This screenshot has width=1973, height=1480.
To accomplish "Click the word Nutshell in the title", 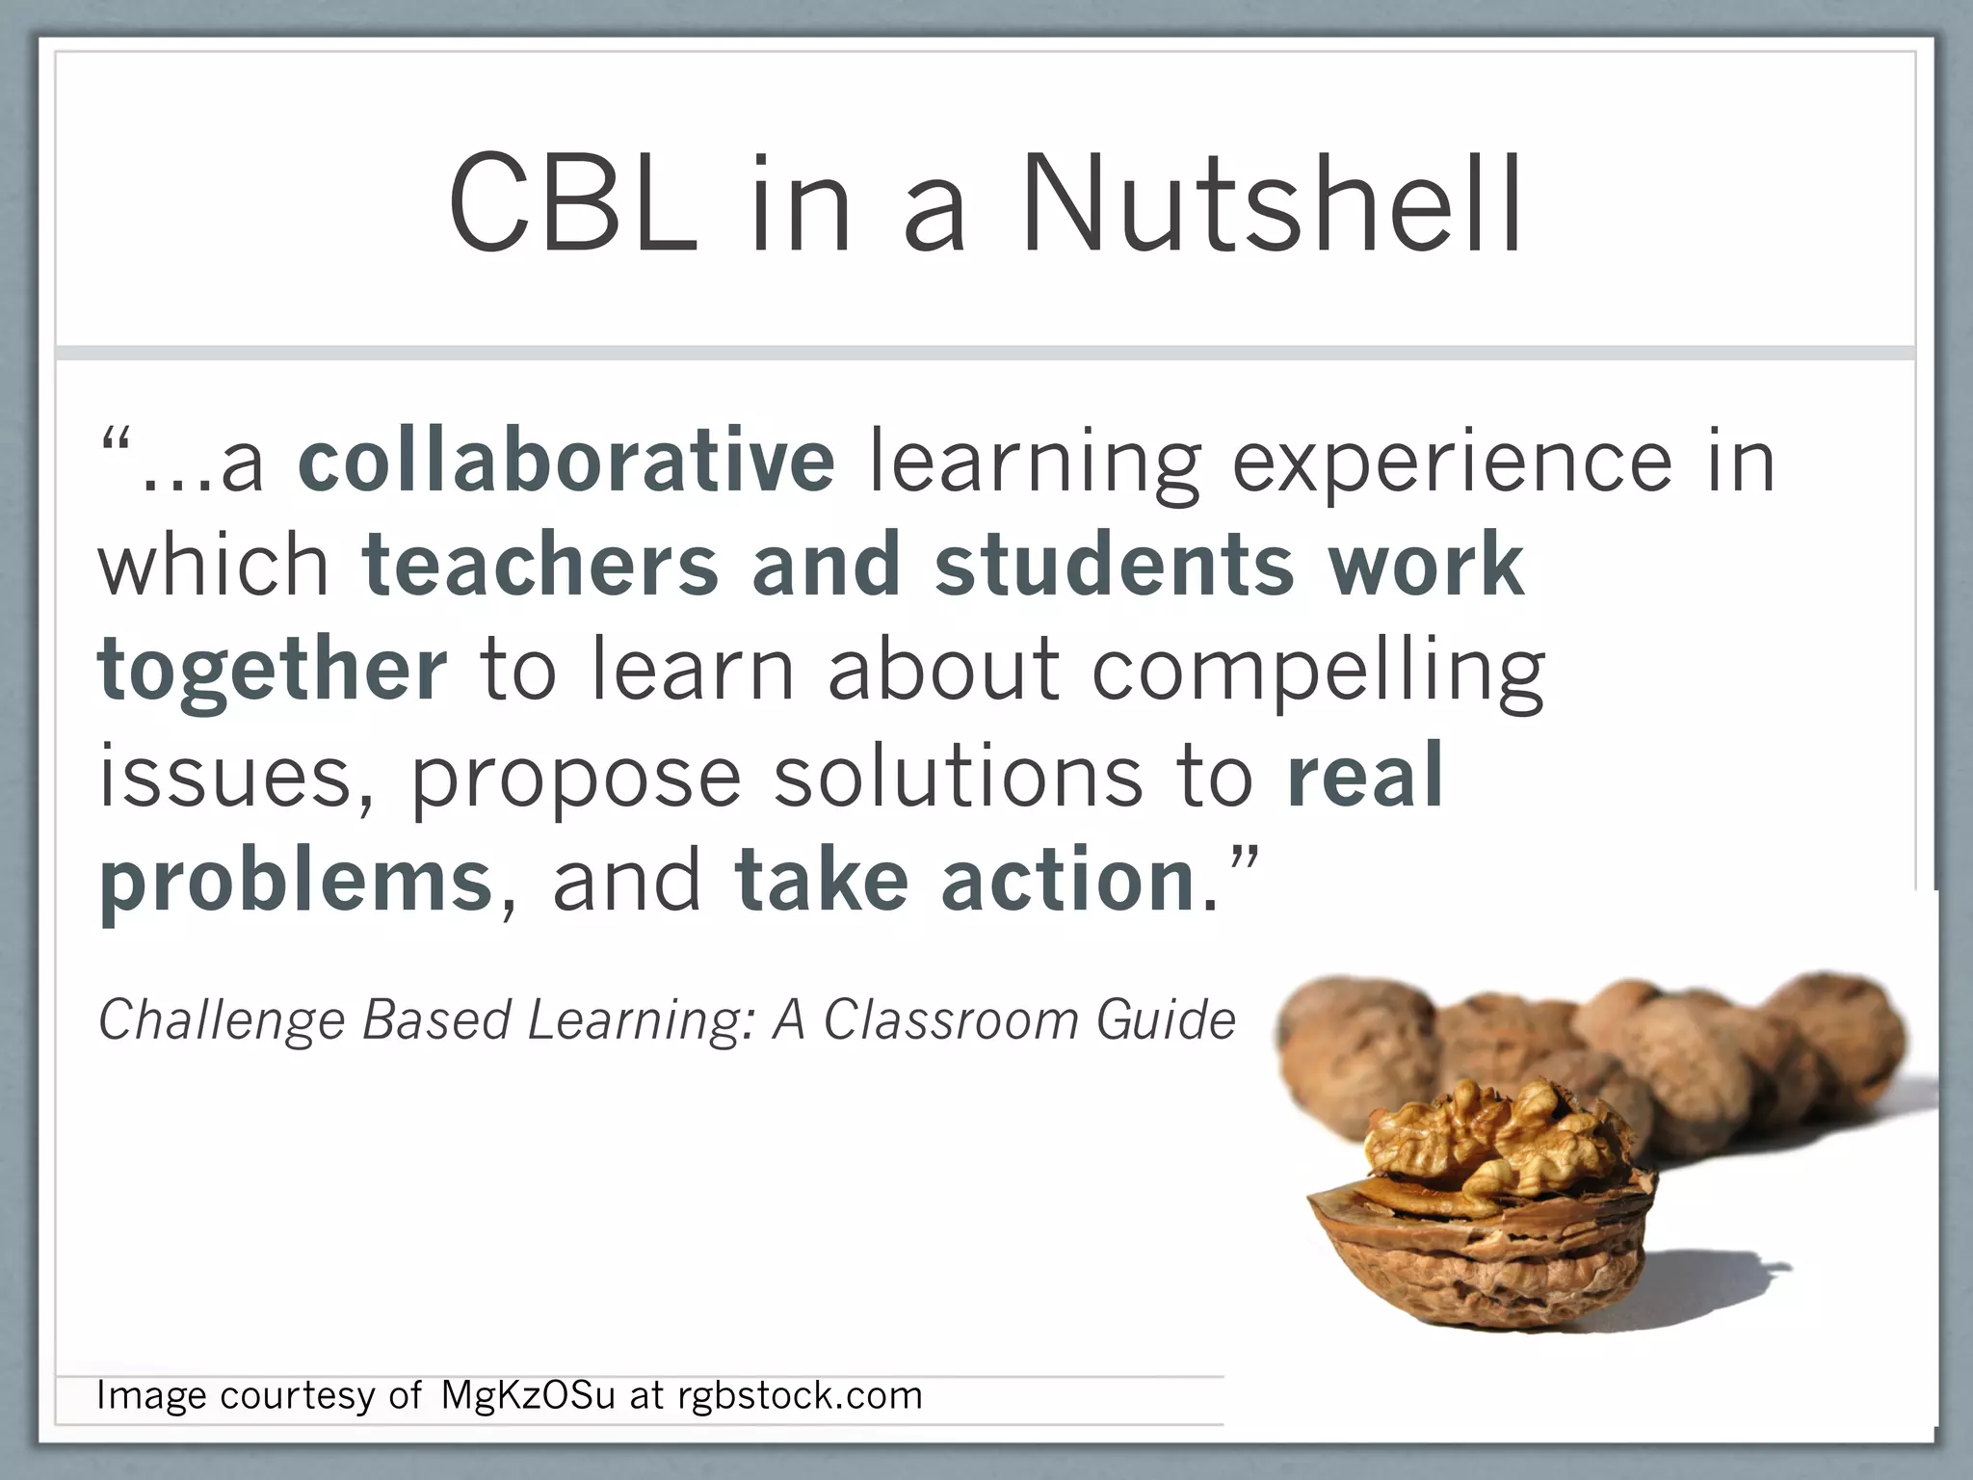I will pos(1272,204).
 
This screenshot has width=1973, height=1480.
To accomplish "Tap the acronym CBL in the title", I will pos(574,204).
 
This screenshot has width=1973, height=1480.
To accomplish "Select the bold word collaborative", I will pos(566,461).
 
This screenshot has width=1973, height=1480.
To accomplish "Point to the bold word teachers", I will pos(540,566).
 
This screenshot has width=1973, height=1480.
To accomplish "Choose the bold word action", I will pos(1068,881).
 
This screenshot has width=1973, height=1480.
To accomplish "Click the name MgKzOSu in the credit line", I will pos(528,1395).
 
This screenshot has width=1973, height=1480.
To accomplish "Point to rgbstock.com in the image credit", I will pos(800,1395).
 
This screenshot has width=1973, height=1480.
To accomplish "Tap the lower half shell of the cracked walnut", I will pos(1474,1272).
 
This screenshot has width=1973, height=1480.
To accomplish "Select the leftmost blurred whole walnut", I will pos(1354,1050).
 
